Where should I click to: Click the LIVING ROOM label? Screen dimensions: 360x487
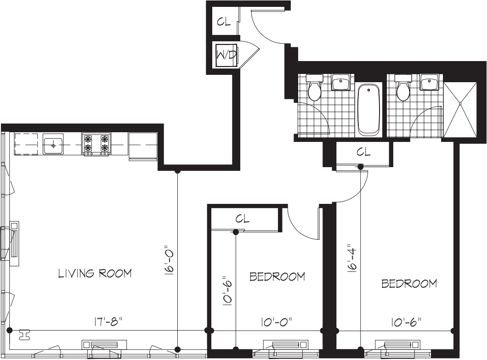pyautogui.click(x=95, y=274)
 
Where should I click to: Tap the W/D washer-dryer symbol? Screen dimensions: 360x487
pyautogui.click(x=226, y=56)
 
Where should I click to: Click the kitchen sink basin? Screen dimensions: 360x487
pyautogui.click(x=53, y=145)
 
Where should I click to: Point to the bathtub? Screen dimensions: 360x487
pyautogui.click(x=368, y=109)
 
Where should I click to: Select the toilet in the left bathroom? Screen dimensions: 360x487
pyautogui.click(x=314, y=89)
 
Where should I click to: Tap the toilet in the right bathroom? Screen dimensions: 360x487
pyautogui.click(x=403, y=89)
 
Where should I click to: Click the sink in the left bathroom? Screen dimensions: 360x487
pyautogui.click(x=341, y=83)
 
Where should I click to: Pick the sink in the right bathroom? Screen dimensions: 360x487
pyautogui.click(x=430, y=83)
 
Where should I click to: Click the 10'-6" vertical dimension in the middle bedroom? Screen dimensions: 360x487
pyautogui.click(x=226, y=291)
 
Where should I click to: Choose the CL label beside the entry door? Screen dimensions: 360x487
pyautogui.click(x=224, y=22)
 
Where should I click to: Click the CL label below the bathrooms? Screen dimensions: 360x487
pyautogui.click(x=363, y=152)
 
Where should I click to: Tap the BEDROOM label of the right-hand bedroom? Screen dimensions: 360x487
pyautogui.click(x=409, y=284)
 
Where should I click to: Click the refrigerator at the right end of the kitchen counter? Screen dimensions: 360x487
pyautogui.click(x=143, y=146)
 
